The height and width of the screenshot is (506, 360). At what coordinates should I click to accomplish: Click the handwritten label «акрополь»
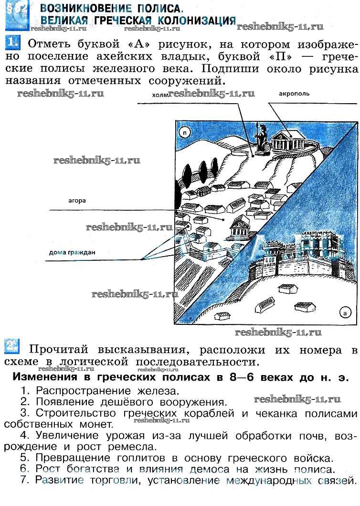294,94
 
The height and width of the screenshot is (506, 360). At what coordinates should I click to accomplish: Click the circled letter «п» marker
183,132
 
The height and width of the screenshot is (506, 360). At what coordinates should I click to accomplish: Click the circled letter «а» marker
345,313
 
